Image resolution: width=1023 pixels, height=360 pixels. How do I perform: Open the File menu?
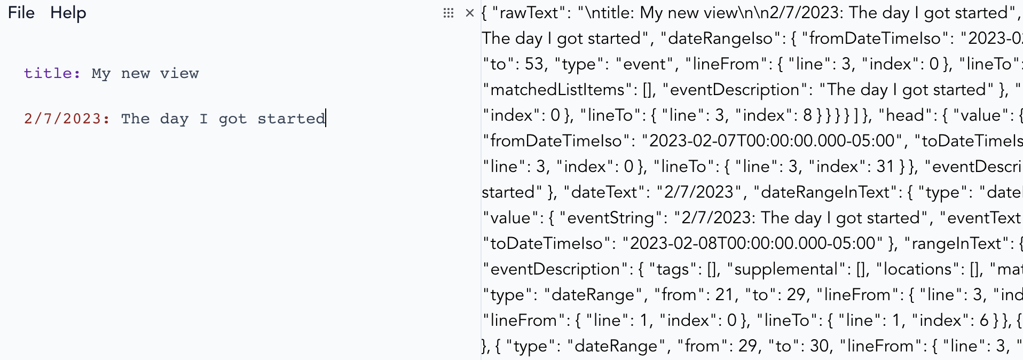point(21,13)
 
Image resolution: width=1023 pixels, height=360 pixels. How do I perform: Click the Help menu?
point(68,13)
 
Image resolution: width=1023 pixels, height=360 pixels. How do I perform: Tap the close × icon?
point(470,13)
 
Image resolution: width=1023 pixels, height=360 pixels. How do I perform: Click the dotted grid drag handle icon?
point(448,13)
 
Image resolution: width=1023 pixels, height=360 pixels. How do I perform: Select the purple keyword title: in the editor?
point(52,73)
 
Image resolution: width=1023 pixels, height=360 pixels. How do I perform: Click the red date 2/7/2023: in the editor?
point(67,119)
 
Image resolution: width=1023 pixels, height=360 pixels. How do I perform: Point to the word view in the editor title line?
point(179,73)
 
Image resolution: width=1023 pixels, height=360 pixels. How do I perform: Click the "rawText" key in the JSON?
point(529,13)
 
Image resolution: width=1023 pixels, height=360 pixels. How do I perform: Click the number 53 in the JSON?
point(534,64)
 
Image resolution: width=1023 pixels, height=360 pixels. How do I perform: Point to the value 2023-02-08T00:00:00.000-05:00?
point(753,244)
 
